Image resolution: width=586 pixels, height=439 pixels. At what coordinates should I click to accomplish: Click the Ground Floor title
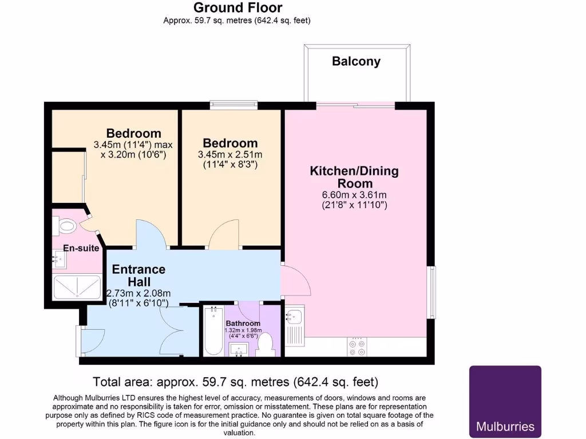(237, 7)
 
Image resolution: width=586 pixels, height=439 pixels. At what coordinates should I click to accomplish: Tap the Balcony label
(356, 61)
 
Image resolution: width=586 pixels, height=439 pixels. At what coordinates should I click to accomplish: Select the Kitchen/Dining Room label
(354, 177)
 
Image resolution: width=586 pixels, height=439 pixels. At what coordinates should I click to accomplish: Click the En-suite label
(81, 248)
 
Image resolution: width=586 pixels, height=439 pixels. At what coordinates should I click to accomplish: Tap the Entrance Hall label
(138, 275)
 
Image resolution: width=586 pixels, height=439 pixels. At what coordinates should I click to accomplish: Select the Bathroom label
(243, 324)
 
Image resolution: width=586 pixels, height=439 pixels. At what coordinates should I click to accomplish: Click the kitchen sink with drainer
(296, 326)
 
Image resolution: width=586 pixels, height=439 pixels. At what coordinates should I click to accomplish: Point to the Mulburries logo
(505, 401)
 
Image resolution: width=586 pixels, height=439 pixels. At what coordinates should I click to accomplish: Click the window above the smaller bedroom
(232, 105)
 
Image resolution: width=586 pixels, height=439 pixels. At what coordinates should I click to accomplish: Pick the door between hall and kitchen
(295, 281)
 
